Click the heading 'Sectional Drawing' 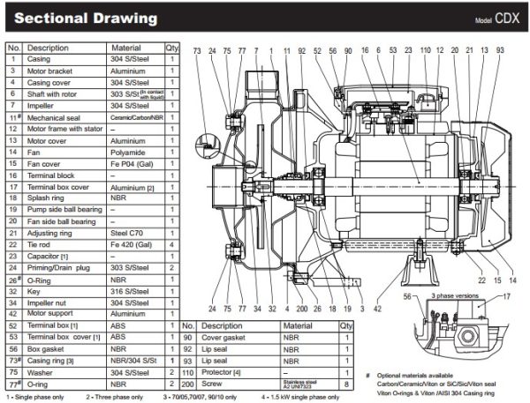[82, 18]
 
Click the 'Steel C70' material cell [128, 232]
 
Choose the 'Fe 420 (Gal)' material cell [132, 243]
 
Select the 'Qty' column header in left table [173, 48]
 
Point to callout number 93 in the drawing [500, 51]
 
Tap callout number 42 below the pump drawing [378, 310]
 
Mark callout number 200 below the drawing [303, 310]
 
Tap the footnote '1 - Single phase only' [34, 398]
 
